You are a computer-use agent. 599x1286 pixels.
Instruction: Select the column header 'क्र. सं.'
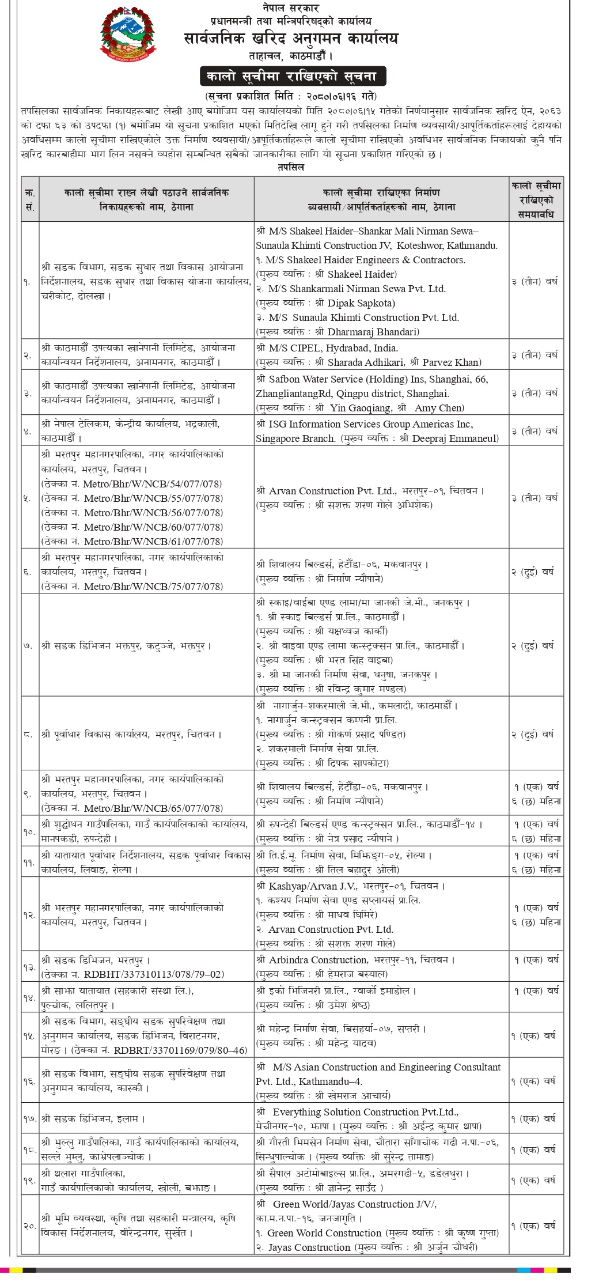click(x=29, y=199)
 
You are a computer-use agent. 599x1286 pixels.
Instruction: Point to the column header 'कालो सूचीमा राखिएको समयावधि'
click(x=535, y=199)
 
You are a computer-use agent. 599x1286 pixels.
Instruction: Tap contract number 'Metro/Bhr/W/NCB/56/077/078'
click(x=153, y=513)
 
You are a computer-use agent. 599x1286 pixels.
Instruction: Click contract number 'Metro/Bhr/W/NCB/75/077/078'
click(x=153, y=587)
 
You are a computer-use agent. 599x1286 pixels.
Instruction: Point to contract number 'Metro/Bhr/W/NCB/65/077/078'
click(x=153, y=808)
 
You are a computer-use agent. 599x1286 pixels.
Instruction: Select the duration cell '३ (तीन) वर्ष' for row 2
click(x=535, y=355)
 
